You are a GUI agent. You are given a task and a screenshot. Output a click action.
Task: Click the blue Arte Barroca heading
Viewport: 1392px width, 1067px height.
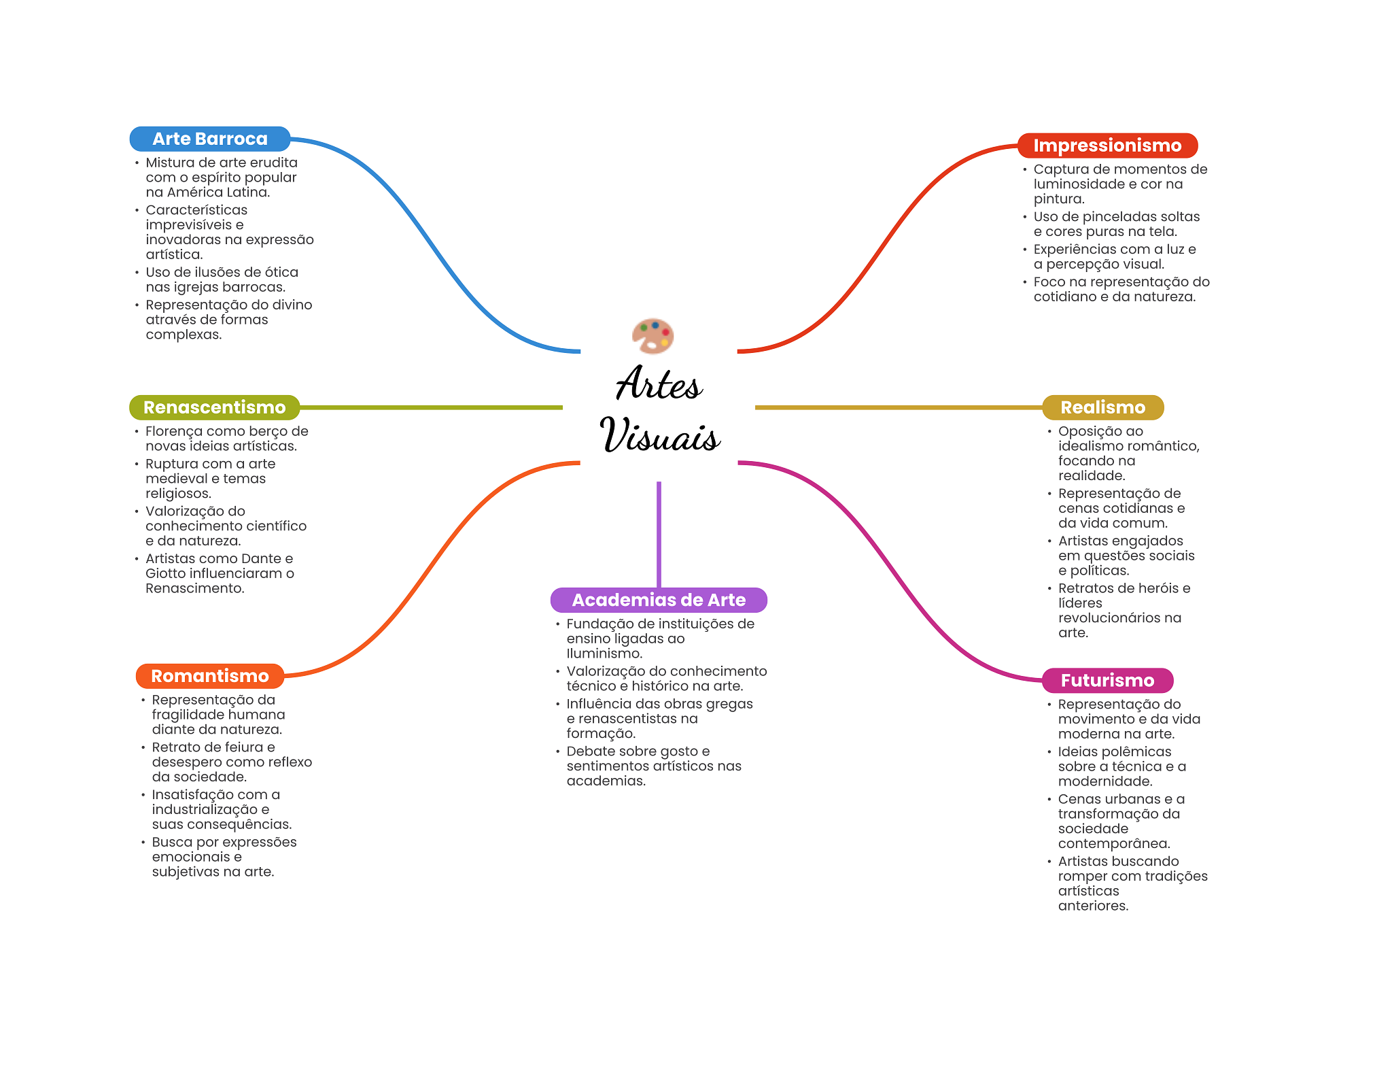point(210,139)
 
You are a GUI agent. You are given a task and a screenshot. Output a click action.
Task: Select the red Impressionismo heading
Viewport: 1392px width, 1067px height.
point(1107,146)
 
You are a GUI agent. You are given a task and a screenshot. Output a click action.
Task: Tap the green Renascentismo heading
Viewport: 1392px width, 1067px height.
point(215,407)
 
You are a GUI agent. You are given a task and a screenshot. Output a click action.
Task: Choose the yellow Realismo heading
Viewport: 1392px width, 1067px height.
point(1103,407)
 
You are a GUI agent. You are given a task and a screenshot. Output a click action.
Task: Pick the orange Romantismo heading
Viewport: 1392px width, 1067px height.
point(210,676)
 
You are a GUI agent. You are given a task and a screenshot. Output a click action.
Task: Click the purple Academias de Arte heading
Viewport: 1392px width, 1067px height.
point(659,600)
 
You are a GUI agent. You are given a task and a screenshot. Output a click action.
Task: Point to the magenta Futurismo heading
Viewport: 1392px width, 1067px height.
point(1107,681)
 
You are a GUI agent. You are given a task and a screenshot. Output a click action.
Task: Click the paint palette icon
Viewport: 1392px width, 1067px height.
point(652,336)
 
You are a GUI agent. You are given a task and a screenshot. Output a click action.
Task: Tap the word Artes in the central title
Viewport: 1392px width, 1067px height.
point(659,384)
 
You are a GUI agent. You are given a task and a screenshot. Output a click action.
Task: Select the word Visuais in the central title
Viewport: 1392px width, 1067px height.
point(660,435)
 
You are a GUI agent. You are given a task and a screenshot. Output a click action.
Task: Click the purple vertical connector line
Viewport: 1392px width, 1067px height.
point(659,535)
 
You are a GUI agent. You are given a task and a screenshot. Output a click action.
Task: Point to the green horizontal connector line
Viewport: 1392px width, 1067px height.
point(431,407)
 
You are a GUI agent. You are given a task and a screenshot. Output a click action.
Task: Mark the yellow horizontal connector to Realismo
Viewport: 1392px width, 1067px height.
point(899,407)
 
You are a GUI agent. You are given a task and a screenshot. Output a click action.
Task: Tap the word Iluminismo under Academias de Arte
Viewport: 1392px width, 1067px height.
point(604,654)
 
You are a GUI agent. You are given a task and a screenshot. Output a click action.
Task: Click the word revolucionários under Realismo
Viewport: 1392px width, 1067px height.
point(1109,618)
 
